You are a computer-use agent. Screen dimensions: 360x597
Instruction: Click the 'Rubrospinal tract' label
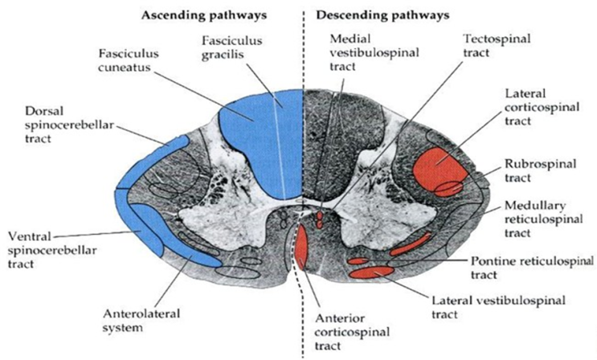[x=530, y=170]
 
